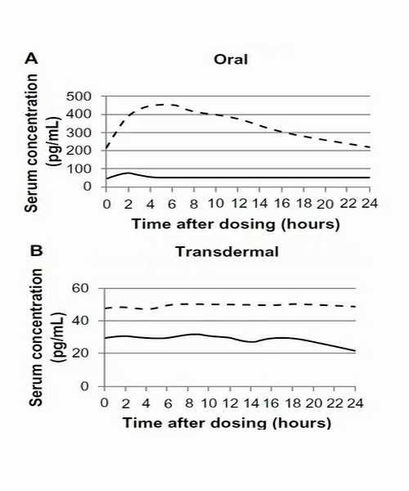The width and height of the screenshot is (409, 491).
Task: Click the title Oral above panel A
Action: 231,59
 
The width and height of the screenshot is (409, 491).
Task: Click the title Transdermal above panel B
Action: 227,251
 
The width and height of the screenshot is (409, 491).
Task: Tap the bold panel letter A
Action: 31,58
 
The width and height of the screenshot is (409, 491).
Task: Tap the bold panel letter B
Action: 36,251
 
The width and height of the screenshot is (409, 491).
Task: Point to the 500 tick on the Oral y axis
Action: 79,96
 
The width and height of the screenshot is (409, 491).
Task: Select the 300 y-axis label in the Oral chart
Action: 79,133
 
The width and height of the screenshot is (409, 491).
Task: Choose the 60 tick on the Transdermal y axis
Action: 80,288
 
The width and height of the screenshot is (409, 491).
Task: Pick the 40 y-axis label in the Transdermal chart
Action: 80,321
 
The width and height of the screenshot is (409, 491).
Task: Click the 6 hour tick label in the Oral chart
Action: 172,204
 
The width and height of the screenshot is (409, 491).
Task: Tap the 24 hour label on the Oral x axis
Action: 370,204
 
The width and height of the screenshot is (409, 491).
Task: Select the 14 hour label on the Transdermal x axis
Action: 250,403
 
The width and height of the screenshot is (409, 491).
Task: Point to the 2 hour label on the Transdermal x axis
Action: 125,403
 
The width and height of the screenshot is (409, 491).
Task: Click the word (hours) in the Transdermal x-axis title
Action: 302,423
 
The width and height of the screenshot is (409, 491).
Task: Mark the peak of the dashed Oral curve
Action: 164,105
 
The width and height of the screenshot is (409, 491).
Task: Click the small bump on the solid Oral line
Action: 128,173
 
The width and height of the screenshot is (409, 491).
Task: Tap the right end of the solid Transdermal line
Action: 355,351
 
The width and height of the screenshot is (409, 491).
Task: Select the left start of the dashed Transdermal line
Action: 106,309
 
